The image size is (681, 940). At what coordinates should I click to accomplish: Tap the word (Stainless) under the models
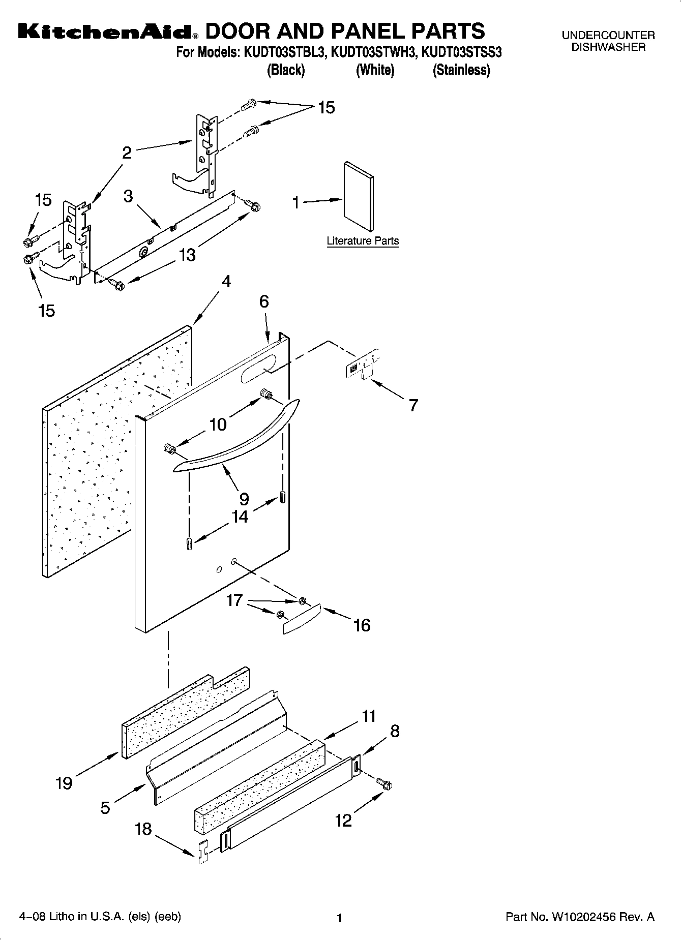coord(461,70)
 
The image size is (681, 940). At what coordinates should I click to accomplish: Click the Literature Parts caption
coord(363,241)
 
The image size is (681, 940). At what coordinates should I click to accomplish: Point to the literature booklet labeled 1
coord(359,196)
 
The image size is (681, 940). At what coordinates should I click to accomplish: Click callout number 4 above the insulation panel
coord(226,282)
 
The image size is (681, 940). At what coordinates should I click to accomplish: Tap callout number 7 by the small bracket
coord(413,405)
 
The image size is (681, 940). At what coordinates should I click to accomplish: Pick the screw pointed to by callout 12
coord(386,785)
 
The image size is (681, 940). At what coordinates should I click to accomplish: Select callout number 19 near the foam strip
coord(64,783)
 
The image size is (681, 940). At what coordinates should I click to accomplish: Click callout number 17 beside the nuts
coord(234,600)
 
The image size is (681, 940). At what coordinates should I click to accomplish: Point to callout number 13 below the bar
coord(187,255)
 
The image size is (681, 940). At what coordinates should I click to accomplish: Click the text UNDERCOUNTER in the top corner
coord(608,36)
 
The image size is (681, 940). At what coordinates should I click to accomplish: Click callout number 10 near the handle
coord(218,424)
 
